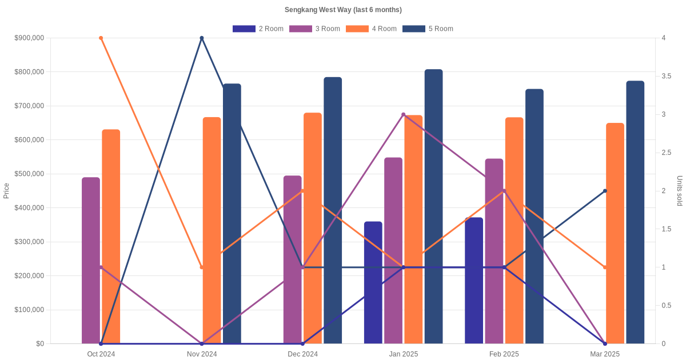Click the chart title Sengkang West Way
pos(343,10)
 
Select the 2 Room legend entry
pos(258,29)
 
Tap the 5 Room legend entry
pos(428,29)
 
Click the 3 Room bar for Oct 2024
pos(91,261)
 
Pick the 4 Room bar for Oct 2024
pos(111,237)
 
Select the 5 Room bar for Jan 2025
pos(433,206)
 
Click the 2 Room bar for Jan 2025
pos(373,282)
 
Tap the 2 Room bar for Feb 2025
pos(474,281)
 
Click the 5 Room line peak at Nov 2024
pos(202,38)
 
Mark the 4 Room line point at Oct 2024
pos(101,38)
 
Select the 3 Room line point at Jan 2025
pos(403,114)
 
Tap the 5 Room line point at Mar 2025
pos(605,191)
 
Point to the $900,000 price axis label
pos(30,38)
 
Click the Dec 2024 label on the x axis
pos(302,354)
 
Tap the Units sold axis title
pos(680,191)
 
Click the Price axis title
pos(6,191)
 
